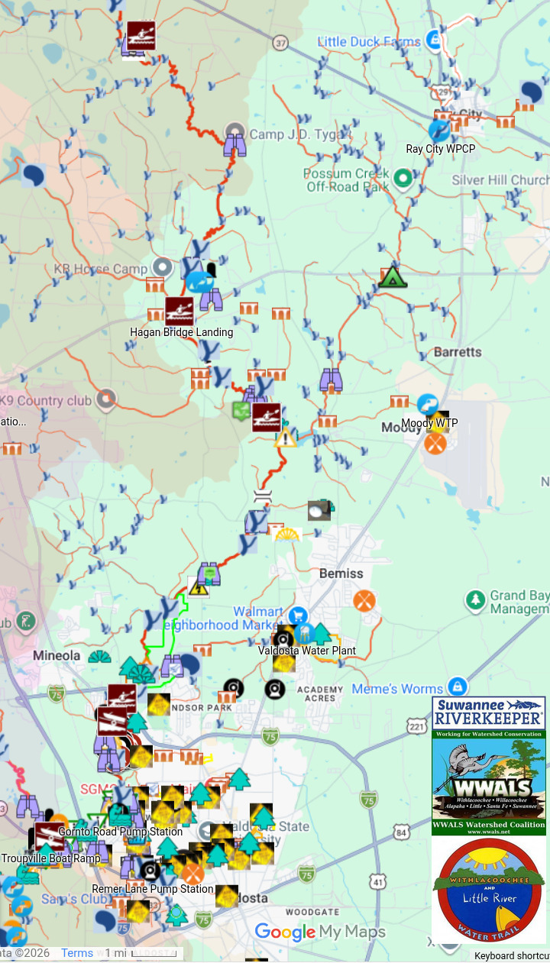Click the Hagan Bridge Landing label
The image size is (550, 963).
182,332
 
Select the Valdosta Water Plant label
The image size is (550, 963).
306,651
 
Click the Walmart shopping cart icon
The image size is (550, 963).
298,614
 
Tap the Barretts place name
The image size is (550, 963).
458,352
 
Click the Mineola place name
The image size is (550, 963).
57,655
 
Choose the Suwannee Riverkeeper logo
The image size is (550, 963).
489,713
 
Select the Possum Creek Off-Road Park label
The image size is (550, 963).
347,180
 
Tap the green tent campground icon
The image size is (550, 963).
392,276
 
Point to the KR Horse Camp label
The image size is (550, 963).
100,269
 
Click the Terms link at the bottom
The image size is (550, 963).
77,953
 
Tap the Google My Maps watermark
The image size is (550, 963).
320,932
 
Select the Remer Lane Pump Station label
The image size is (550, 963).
153,889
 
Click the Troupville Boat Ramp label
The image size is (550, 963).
50,858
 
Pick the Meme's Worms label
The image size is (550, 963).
397,689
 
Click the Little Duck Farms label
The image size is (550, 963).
369,42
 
